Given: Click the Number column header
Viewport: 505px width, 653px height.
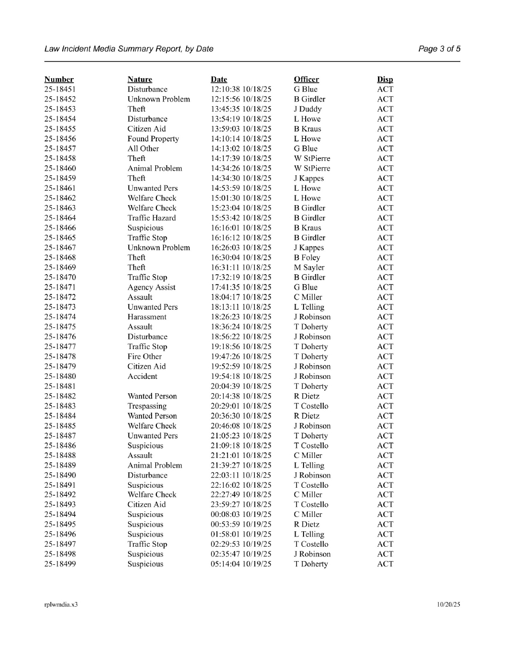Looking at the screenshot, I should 59,80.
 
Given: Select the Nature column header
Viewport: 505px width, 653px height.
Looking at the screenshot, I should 140,80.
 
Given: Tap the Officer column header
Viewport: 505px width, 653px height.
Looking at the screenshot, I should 306,80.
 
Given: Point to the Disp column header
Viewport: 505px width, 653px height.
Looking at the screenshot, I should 385,80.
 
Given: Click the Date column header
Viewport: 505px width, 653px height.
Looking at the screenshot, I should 219,80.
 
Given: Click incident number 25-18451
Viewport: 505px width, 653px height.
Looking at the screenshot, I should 60,89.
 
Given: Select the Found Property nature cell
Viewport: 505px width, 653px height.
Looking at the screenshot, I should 153,139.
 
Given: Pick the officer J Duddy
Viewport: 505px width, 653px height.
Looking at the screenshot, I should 308,109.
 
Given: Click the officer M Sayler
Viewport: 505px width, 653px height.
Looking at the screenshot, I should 309,267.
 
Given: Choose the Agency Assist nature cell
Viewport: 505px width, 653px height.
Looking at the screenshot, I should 151,287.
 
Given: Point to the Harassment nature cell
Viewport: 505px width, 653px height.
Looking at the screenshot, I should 147,317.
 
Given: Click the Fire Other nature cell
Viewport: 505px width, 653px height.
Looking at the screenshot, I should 145,357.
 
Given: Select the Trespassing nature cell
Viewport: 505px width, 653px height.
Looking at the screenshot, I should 147,406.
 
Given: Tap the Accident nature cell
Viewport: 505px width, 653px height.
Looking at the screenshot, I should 142,376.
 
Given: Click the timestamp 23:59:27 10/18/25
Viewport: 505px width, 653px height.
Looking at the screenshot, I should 241,505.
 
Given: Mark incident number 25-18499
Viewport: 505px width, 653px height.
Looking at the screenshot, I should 60,564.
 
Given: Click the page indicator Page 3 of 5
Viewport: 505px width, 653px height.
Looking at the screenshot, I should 439,49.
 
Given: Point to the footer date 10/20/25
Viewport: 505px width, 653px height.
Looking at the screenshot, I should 449,605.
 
